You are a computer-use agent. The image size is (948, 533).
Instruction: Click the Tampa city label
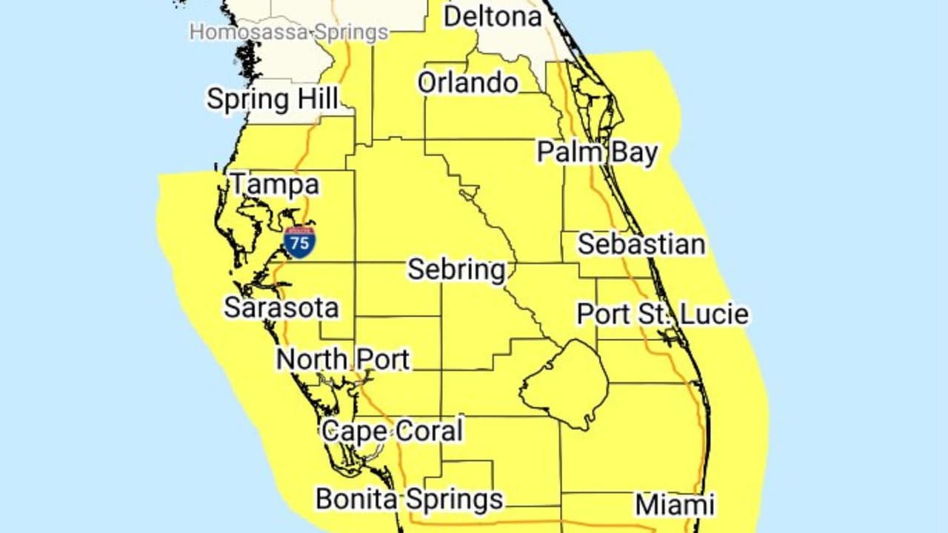[275, 184]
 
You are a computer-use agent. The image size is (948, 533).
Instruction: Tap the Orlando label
[467, 82]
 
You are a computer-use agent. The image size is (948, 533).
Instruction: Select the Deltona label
[493, 16]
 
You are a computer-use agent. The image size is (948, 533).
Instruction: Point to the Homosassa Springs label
[289, 33]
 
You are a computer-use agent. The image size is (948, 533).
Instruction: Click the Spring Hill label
[272, 99]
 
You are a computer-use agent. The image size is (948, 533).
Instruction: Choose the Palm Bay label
[597, 152]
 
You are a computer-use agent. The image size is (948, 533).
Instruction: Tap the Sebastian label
[641, 244]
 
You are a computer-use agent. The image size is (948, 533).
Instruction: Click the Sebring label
[456, 269]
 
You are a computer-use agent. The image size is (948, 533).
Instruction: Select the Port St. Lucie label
[662, 314]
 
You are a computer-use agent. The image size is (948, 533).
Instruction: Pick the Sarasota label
[281, 308]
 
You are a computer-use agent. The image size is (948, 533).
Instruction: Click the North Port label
[343, 360]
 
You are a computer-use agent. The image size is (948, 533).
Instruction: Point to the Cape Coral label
[392, 431]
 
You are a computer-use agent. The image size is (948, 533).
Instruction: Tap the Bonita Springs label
[409, 499]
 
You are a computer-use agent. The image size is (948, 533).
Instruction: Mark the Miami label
[675, 505]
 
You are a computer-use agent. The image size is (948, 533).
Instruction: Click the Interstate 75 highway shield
[300, 242]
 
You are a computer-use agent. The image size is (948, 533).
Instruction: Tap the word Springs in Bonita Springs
[453, 500]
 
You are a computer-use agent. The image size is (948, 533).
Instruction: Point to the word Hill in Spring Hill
[317, 99]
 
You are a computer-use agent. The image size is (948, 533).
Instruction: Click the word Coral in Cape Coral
[429, 431]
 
